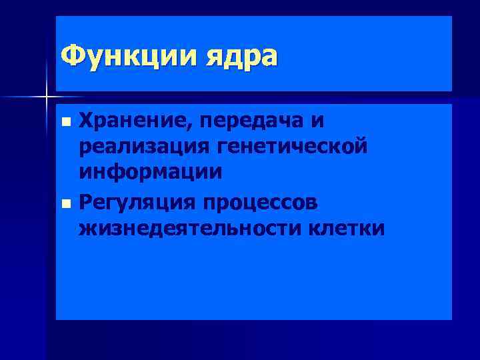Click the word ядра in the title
237,57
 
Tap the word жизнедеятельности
189,227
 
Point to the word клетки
347,227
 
